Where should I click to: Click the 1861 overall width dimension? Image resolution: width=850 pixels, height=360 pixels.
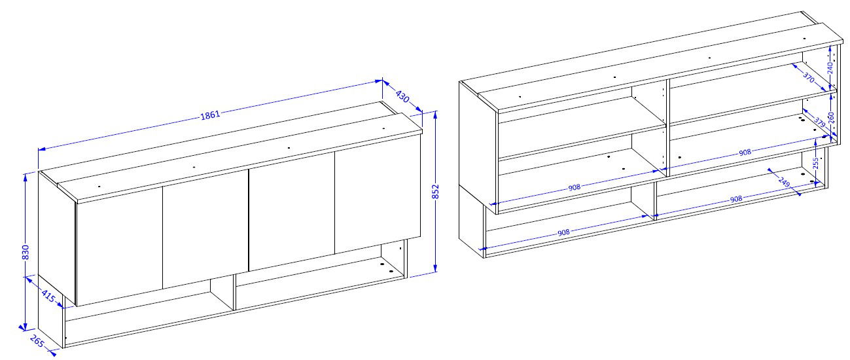(210, 115)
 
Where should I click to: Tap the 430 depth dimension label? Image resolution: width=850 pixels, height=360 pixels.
(402, 96)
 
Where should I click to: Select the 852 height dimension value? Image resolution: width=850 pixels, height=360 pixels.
(435, 191)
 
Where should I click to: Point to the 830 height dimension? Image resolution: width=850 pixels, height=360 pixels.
(26, 253)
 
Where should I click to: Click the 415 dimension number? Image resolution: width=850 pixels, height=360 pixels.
(48, 296)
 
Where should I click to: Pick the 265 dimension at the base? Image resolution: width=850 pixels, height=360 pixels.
(37, 341)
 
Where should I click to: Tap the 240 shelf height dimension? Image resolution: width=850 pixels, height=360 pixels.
(830, 67)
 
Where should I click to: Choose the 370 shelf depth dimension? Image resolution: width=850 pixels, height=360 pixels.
(809, 77)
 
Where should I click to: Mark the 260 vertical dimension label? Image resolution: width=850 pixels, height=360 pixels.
(830, 118)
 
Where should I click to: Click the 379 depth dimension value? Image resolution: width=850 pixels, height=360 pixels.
(820, 123)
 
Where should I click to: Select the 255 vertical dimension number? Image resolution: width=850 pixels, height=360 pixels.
(815, 164)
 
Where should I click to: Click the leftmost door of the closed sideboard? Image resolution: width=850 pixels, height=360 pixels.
(119, 245)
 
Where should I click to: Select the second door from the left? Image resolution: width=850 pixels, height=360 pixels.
(205, 228)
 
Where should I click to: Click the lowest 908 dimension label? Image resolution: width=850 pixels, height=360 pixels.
(563, 232)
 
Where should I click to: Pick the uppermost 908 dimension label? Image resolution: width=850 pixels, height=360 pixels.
(745, 153)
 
